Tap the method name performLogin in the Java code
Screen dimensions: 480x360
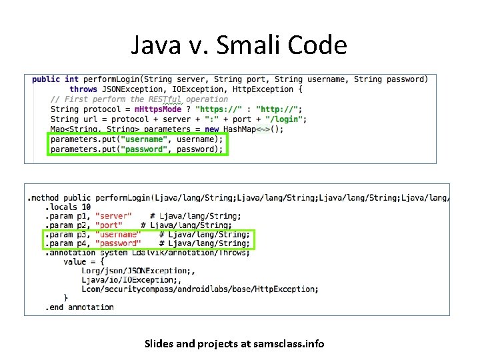coord(117,79)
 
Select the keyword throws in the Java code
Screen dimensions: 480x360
coord(83,89)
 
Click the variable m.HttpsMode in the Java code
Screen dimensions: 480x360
coord(158,109)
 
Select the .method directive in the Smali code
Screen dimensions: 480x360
coord(43,198)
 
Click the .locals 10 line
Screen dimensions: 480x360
coord(68,207)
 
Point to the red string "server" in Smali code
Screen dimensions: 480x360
coord(113,216)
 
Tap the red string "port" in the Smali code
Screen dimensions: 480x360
coord(109,225)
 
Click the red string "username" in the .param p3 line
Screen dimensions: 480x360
coord(118,235)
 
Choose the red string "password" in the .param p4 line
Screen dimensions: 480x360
coord(118,244)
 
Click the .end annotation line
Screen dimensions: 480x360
coord(80,307)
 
